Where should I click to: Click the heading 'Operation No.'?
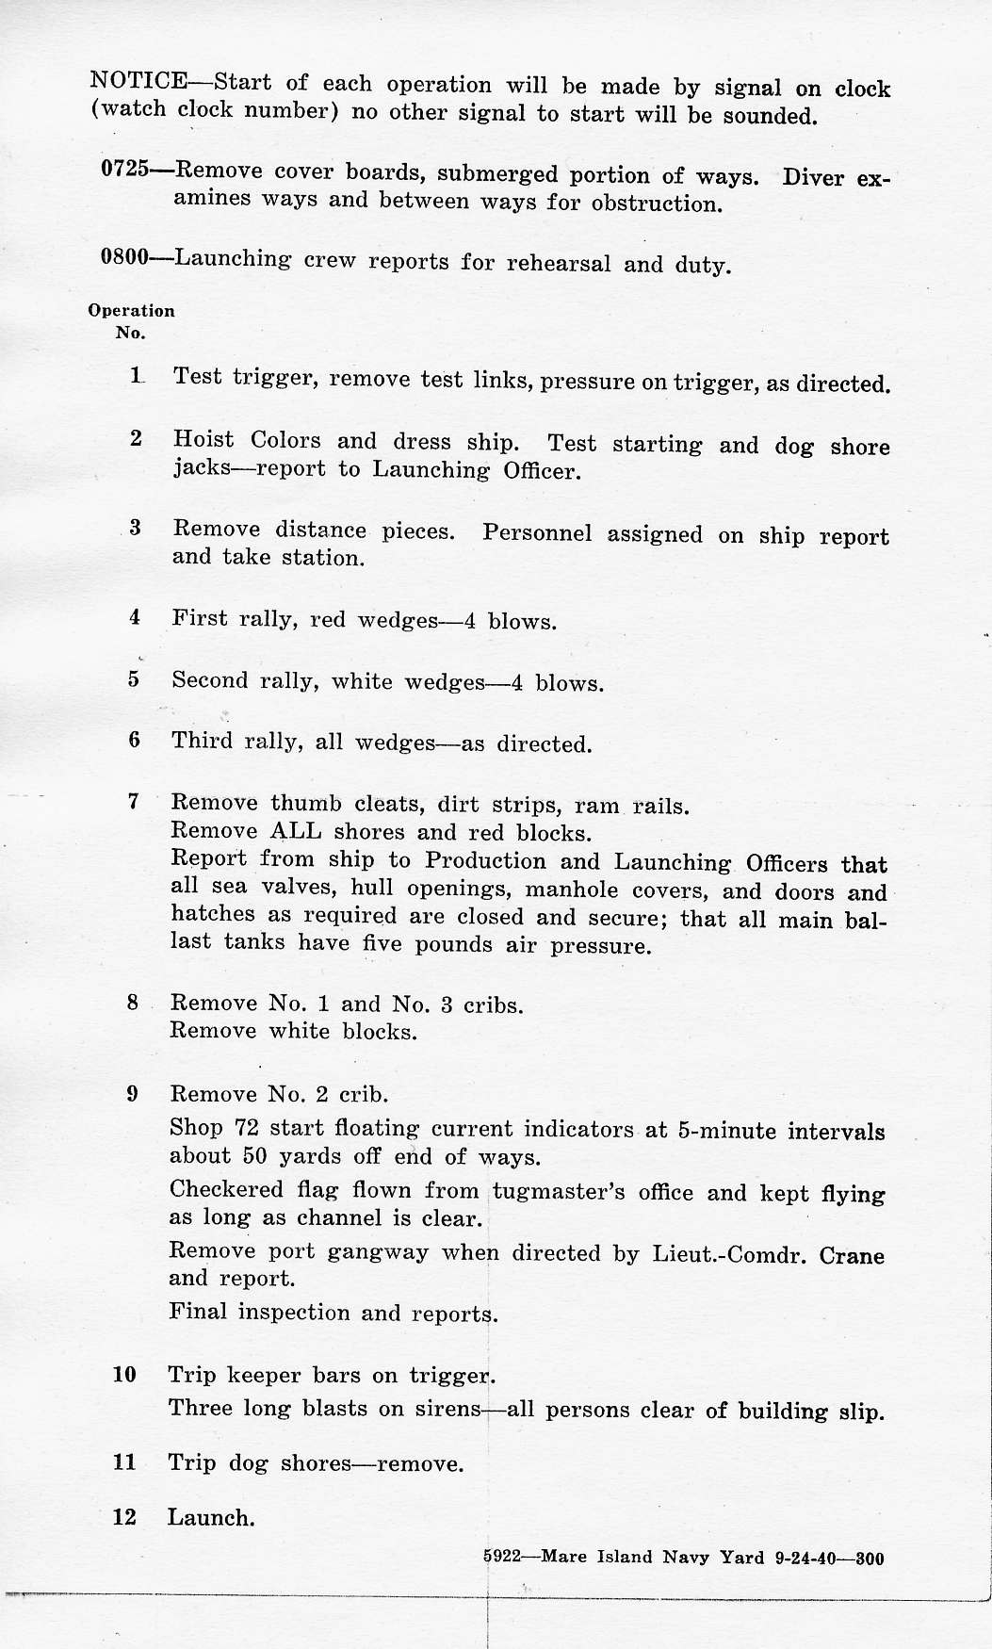(x=131, y=320)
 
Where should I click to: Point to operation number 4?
(x=135, y=617)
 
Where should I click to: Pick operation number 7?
(x=134, y=802)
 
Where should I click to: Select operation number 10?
(x=124, y=1374)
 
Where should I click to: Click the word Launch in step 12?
(x=211, y=1518)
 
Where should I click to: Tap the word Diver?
(x=813, y=178)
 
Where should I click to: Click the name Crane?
(x=852, y=1255)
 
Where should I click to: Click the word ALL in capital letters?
(x=296, y=831)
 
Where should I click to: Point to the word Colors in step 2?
(x=285, y=440)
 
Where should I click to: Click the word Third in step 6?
(x=202, y=741)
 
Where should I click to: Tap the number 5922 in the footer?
(x=502, y=1557)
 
